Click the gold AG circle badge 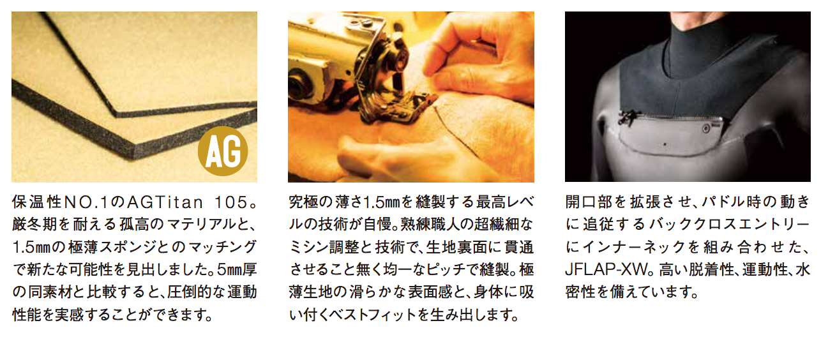tap(223, 151)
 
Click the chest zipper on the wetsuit tap(674, 117)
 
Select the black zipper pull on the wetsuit tap(626, 118)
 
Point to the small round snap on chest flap tap(705, 128)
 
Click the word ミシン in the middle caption tap(308, 248)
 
